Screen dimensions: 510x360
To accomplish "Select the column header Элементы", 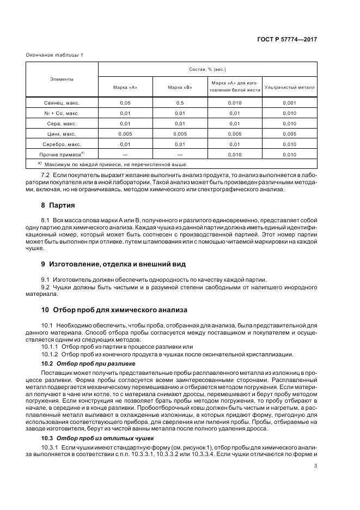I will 62,80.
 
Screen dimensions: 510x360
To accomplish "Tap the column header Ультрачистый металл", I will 289,87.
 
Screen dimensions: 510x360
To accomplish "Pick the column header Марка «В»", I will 180,87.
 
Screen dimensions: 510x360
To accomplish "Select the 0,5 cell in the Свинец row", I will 180,102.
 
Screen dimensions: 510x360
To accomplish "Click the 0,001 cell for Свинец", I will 289,102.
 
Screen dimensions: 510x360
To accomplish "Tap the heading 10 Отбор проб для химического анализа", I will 114,309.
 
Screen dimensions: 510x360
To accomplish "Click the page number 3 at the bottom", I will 316,465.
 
